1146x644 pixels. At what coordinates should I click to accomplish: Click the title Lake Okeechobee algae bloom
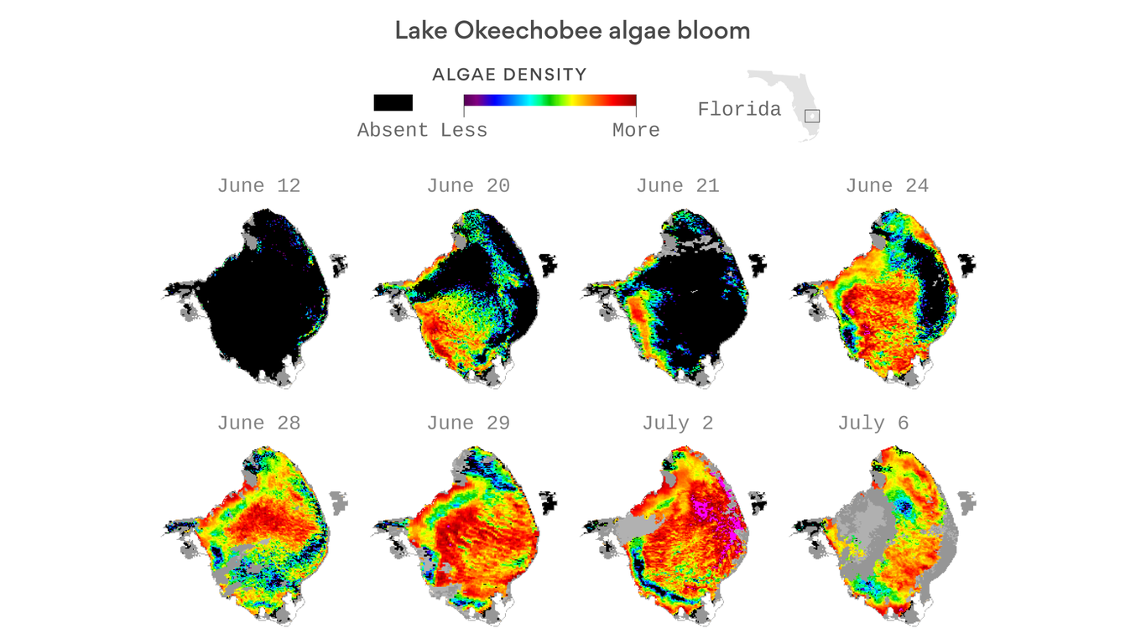[572, 32]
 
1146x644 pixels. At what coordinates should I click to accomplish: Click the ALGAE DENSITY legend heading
[509, 75]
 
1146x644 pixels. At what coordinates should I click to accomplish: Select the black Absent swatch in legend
[393, 102]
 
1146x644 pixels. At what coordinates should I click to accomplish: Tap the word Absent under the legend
[393, 130]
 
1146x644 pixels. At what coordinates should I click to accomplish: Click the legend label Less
[464, 130]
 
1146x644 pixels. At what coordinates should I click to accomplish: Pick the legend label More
[636, 130]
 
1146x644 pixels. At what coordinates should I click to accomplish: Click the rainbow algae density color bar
[550, 101]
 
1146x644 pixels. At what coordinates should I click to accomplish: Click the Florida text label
[739, 109]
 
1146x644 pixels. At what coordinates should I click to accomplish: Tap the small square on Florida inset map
[812, 117]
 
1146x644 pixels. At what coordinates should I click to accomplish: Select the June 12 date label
[258, 185]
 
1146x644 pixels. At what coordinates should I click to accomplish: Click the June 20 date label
[468, 185]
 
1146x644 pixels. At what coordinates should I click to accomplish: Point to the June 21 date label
[678, 185]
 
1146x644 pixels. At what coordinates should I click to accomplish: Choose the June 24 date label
[887, 185]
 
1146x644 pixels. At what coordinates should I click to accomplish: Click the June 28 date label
[258, 423]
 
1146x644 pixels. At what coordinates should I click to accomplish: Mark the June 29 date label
[468, 423]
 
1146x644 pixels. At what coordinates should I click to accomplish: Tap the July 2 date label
[678, 423]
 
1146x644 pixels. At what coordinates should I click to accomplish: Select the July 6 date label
[873, 423]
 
